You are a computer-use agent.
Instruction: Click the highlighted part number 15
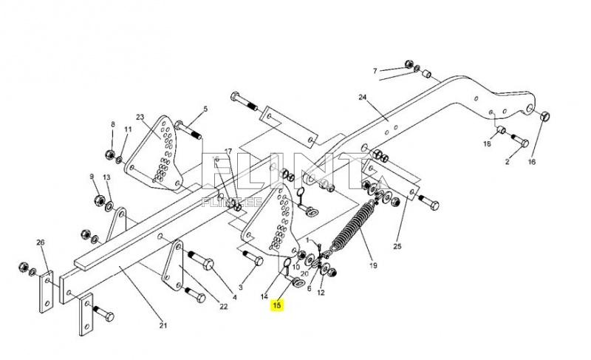coord(278,305)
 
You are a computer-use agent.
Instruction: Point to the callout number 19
coord(373,265)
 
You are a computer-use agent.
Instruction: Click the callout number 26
coord(40,242)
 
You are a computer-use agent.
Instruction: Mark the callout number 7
coord(375,71)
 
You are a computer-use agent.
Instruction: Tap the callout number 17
coord(228,151)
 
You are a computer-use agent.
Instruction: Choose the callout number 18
coord(487,143)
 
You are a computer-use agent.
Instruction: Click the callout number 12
coord(321,293)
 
